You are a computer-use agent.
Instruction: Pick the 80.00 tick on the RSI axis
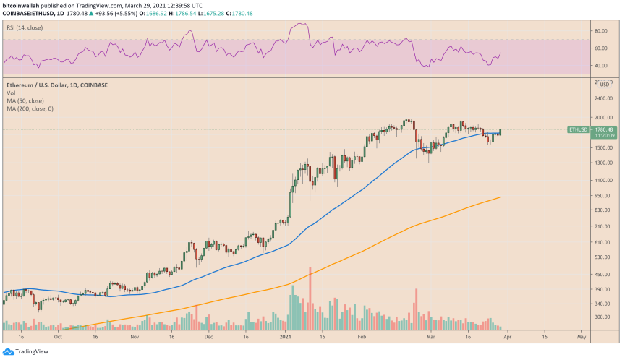click(600, 31)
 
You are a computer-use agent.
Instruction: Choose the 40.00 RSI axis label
click(600, 66)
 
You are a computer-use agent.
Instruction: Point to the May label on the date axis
click(581, 337)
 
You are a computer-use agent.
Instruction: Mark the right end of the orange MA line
click(500, 197)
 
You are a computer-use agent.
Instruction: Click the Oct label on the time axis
click(58, 337)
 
